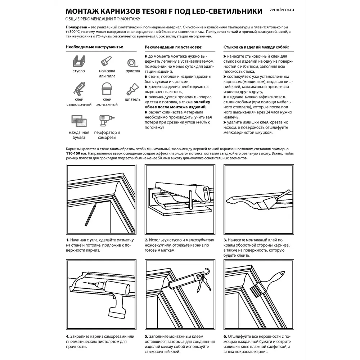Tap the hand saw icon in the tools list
[107, 62]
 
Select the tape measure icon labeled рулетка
[132, 62]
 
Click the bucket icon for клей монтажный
[107, 89]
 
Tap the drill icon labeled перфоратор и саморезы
[107, 121]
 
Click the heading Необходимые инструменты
[94, 47]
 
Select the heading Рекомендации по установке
[173, 47]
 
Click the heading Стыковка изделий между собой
[256, 47]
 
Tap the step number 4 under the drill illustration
[67, 336]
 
